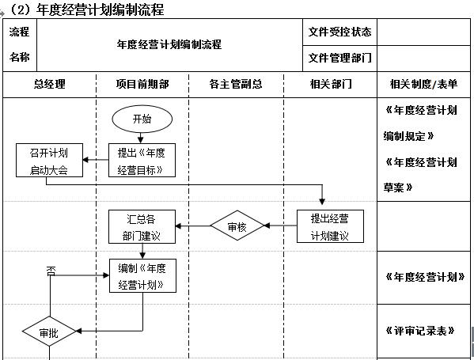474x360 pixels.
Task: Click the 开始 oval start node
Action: tap(142, 119)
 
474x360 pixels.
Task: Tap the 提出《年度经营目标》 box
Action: tap(142, 161)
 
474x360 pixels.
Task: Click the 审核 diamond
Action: tap(237, 225)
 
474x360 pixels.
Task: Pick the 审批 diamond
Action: tap(49, 332)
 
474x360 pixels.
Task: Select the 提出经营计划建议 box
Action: tap(330, 226)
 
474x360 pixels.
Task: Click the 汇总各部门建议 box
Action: tap(142, 226)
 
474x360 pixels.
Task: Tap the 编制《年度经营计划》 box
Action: tap(142, 276)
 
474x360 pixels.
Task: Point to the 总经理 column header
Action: tap(49, 84)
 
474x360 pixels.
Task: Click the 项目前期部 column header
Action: tap(142, 84)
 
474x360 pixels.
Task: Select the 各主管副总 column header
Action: tap(236, 84)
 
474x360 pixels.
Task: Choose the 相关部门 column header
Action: tap(330, 84)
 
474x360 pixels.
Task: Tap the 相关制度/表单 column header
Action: tap(423, 84)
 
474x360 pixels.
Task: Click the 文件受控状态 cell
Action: tap(339, 32)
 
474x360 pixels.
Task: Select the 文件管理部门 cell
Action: tap(339, 58)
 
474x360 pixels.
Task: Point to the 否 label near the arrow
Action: tap(51, 270)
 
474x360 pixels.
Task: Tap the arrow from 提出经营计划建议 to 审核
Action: tap(280, 226)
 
